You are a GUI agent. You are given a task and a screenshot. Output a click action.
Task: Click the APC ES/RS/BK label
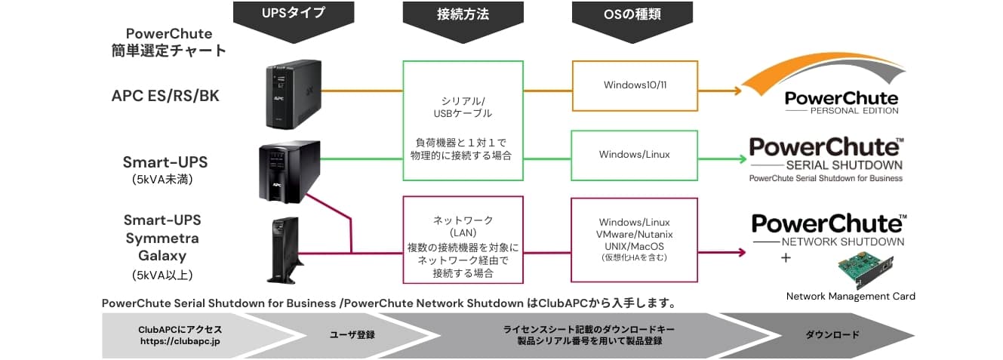click(165, 96)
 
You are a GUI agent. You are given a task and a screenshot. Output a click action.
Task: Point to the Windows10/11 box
click(635, 85)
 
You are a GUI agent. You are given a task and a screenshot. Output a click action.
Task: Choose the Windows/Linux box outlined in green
click(634, 155)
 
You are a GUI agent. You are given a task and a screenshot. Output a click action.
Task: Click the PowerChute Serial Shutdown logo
click(826, 158)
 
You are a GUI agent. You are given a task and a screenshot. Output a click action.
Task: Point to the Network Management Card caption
click(851, 297)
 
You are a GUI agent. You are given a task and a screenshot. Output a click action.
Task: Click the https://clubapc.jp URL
click(180, 341)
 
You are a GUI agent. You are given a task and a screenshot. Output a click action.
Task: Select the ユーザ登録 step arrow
click(352, 334)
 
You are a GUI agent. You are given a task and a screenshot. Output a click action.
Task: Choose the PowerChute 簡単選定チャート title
click(168, 42)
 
